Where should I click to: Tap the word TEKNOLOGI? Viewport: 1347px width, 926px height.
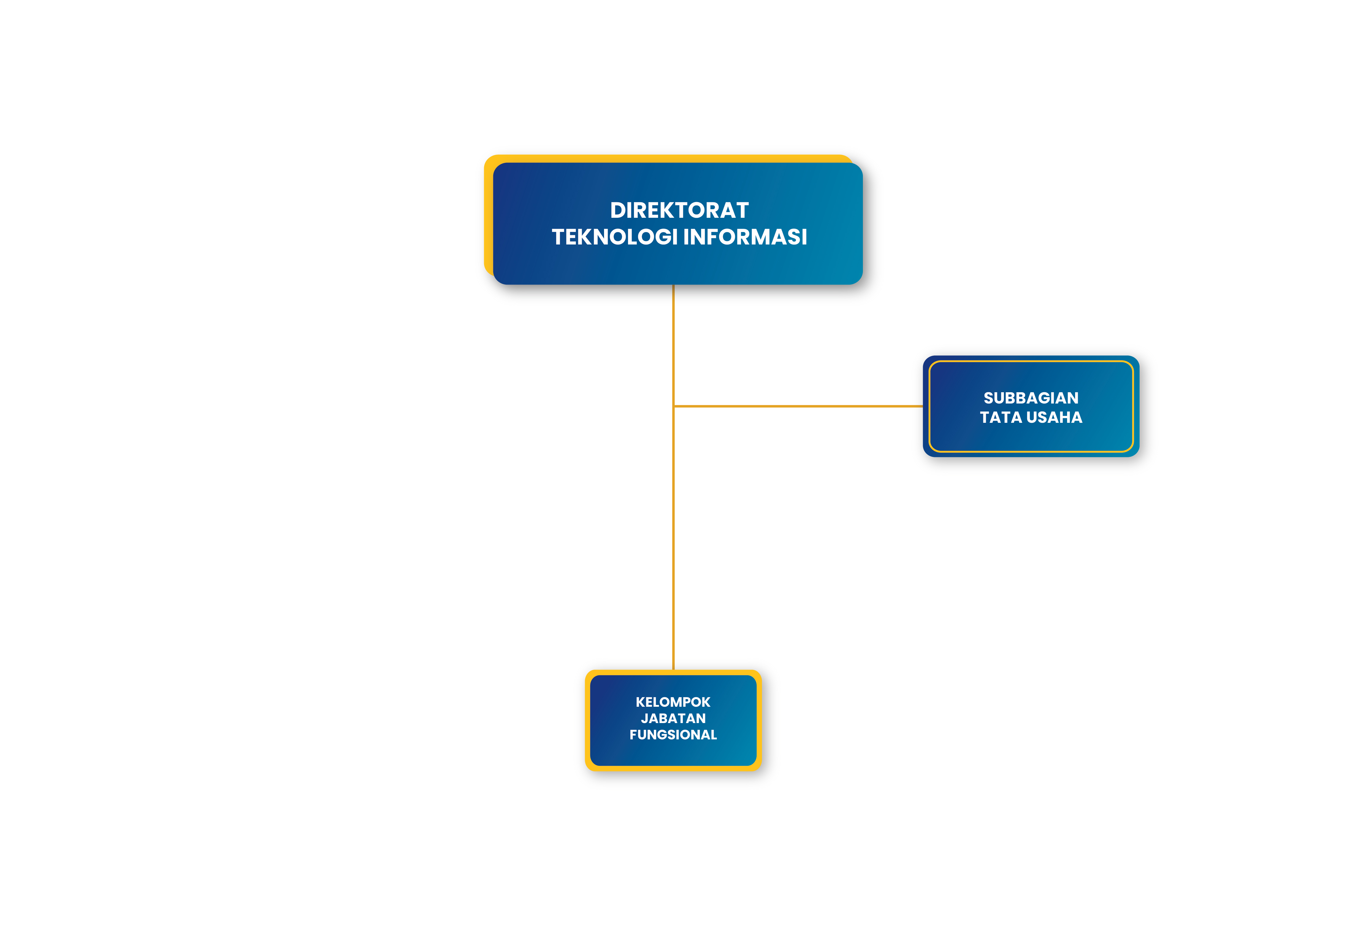[615, 237]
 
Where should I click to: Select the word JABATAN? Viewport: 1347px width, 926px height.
[673, 718]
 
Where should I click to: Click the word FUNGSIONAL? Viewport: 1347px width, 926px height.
[673, 735]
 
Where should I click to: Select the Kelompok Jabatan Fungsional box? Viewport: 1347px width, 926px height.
[673, 720]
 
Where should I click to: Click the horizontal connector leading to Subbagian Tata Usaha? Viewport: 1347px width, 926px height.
[798, 406]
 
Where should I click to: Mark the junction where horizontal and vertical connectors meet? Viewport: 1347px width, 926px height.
[673, 406]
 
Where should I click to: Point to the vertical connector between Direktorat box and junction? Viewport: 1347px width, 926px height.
[673, 345]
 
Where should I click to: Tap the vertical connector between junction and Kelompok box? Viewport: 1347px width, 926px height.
[673, 538]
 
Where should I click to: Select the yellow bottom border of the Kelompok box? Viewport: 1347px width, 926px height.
[673, 768]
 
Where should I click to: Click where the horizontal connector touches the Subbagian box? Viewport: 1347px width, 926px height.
[923, 406]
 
